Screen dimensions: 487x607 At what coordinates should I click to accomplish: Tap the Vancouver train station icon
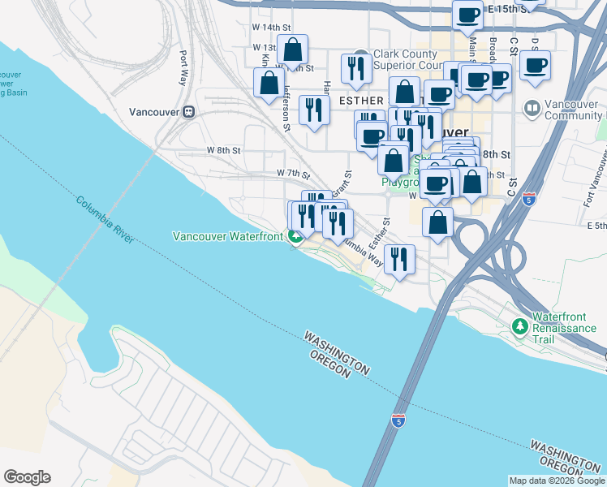(x=188, y=112)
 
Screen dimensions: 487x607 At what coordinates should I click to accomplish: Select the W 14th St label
(x=268, y=27)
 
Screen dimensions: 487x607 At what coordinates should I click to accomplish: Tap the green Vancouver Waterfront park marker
(x=297, y=236)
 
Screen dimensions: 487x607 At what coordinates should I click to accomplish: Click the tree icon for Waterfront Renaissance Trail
(x=520, y=325)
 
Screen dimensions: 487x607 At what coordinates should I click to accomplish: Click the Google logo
(x=27, y=477)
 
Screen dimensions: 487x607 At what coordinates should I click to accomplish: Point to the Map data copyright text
(x=556, y=481)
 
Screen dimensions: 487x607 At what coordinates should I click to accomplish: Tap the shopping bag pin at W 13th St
(x=292, y=50)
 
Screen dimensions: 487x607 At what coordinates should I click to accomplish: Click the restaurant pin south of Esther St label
(x=398, y=260)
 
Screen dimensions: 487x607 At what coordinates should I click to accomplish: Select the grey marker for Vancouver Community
(x=532, y=107)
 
